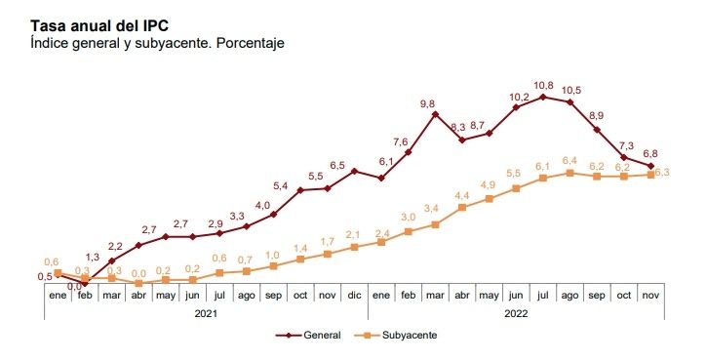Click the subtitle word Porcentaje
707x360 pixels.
(x=246, y=45)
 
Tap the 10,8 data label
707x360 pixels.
(x=544, y=85)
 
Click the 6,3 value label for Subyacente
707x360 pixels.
(x=659, y=173)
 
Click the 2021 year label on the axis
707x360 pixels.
(x=205, y=314)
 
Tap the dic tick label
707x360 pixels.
(x=353, y=296)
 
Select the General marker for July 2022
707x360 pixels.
(x=543, y=97)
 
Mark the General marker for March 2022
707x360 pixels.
(x=435, y=114)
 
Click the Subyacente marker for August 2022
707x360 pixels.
(x=570, y=173)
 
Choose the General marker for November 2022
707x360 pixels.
(x=651, y=166)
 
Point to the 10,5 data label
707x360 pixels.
(x=571, y=90)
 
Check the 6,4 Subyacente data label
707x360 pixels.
(x=570, y=160)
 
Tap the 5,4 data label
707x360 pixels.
(x=280, y=186)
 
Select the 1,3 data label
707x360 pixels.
(x=92, y=257)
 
